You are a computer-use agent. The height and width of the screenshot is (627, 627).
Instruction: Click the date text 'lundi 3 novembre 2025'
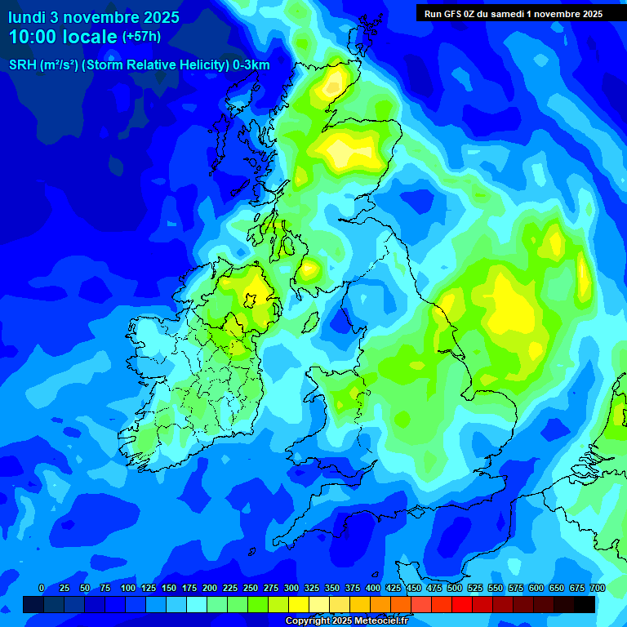click(94, 17)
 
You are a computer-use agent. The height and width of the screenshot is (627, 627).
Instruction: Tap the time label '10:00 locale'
click(64, 37)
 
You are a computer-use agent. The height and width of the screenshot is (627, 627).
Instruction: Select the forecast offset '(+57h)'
click(142, 37)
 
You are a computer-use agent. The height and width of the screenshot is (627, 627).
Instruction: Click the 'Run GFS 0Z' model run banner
click(514, 13)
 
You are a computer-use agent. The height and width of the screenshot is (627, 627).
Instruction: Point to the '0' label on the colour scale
click(42, 588)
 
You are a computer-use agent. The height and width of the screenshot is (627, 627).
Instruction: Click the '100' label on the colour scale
click(127, 588)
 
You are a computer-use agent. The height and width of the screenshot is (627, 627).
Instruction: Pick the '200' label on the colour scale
click(210, 588)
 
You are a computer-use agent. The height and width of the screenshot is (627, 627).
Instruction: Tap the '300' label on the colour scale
click(291, 588)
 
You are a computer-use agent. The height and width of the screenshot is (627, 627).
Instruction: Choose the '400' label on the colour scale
click(373, 588)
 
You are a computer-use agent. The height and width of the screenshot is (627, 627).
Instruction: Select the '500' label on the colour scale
click(455, 588)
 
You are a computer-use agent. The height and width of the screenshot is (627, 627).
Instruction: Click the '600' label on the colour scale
click(536, 588)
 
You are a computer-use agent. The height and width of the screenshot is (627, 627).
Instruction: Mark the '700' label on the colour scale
click(598, 588)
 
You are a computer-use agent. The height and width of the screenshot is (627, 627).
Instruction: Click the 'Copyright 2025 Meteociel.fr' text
click(346, 621)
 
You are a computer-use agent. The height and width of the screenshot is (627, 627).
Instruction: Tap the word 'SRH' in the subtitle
click(22, 64)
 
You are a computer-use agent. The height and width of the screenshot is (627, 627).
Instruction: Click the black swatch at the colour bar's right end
click(585, 604)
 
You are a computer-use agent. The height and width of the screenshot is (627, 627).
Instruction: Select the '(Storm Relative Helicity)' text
click(155, 64)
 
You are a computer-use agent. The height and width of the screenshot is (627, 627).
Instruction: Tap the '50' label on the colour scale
click(84, 588)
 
